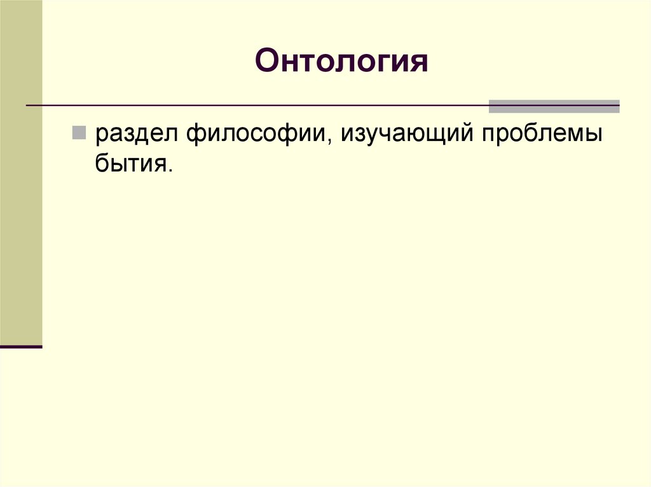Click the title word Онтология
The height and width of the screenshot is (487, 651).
(341, 62)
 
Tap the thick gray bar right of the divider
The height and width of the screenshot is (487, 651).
(554, 106)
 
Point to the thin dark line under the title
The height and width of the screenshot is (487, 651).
(254, 105)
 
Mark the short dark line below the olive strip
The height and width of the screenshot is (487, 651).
(21, 347)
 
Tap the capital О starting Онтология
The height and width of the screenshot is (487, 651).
(267, 62)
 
